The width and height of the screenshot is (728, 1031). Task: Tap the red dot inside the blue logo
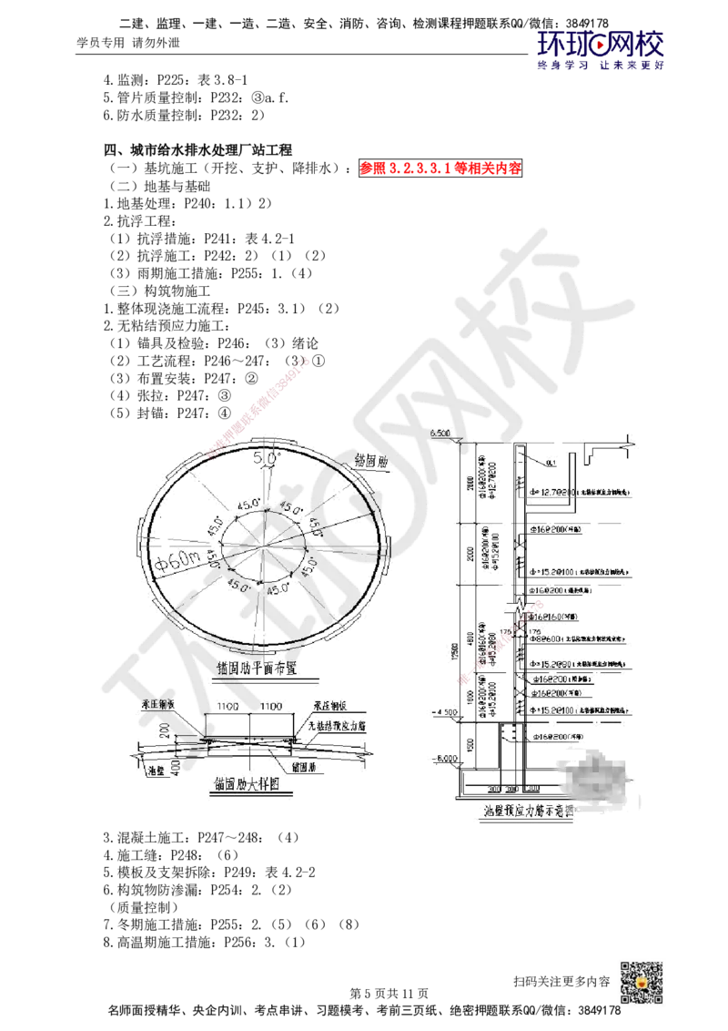tap(600, 42)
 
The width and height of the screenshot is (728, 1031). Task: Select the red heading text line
tap(440, 168)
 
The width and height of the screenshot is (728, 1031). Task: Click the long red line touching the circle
tap(258, 405)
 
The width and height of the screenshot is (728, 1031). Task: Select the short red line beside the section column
tap(500, 642)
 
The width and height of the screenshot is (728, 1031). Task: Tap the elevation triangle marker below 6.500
tap(455, 441)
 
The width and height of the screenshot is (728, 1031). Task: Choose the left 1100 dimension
tap(227, 707)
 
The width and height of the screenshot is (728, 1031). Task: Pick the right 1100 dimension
tap(270, 707)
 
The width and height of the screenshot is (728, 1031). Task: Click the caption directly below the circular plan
tap(264, 672)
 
